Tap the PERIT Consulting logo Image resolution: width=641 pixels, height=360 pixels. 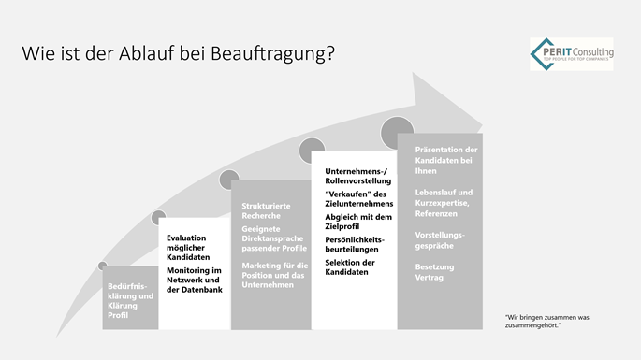570,54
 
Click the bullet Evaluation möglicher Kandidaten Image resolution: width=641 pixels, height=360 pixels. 194,247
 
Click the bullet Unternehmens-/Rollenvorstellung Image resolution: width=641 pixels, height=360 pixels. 355,176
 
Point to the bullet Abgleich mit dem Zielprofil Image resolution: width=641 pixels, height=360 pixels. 355,222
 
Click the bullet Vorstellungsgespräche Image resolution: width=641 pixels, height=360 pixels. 440,239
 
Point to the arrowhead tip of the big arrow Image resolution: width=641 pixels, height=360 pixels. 481,119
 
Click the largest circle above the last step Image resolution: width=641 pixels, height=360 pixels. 398,131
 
